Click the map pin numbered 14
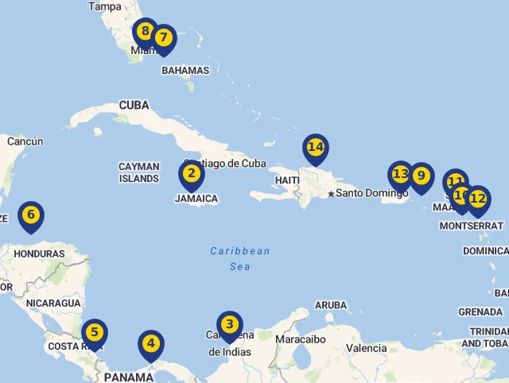(316, 148)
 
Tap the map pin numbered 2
(191, 174)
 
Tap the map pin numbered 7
(164, 38)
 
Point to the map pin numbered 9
(421, 176)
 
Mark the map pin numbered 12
(477, 199)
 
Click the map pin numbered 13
(400, 174)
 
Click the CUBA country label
(134, 105)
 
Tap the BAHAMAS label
(185, 70)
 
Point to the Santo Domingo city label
(371, 193)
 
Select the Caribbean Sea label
(240, 259)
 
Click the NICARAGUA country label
(53, 303)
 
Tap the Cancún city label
(25, 141)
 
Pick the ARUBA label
(331, 305)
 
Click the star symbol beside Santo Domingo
(331, 194)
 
